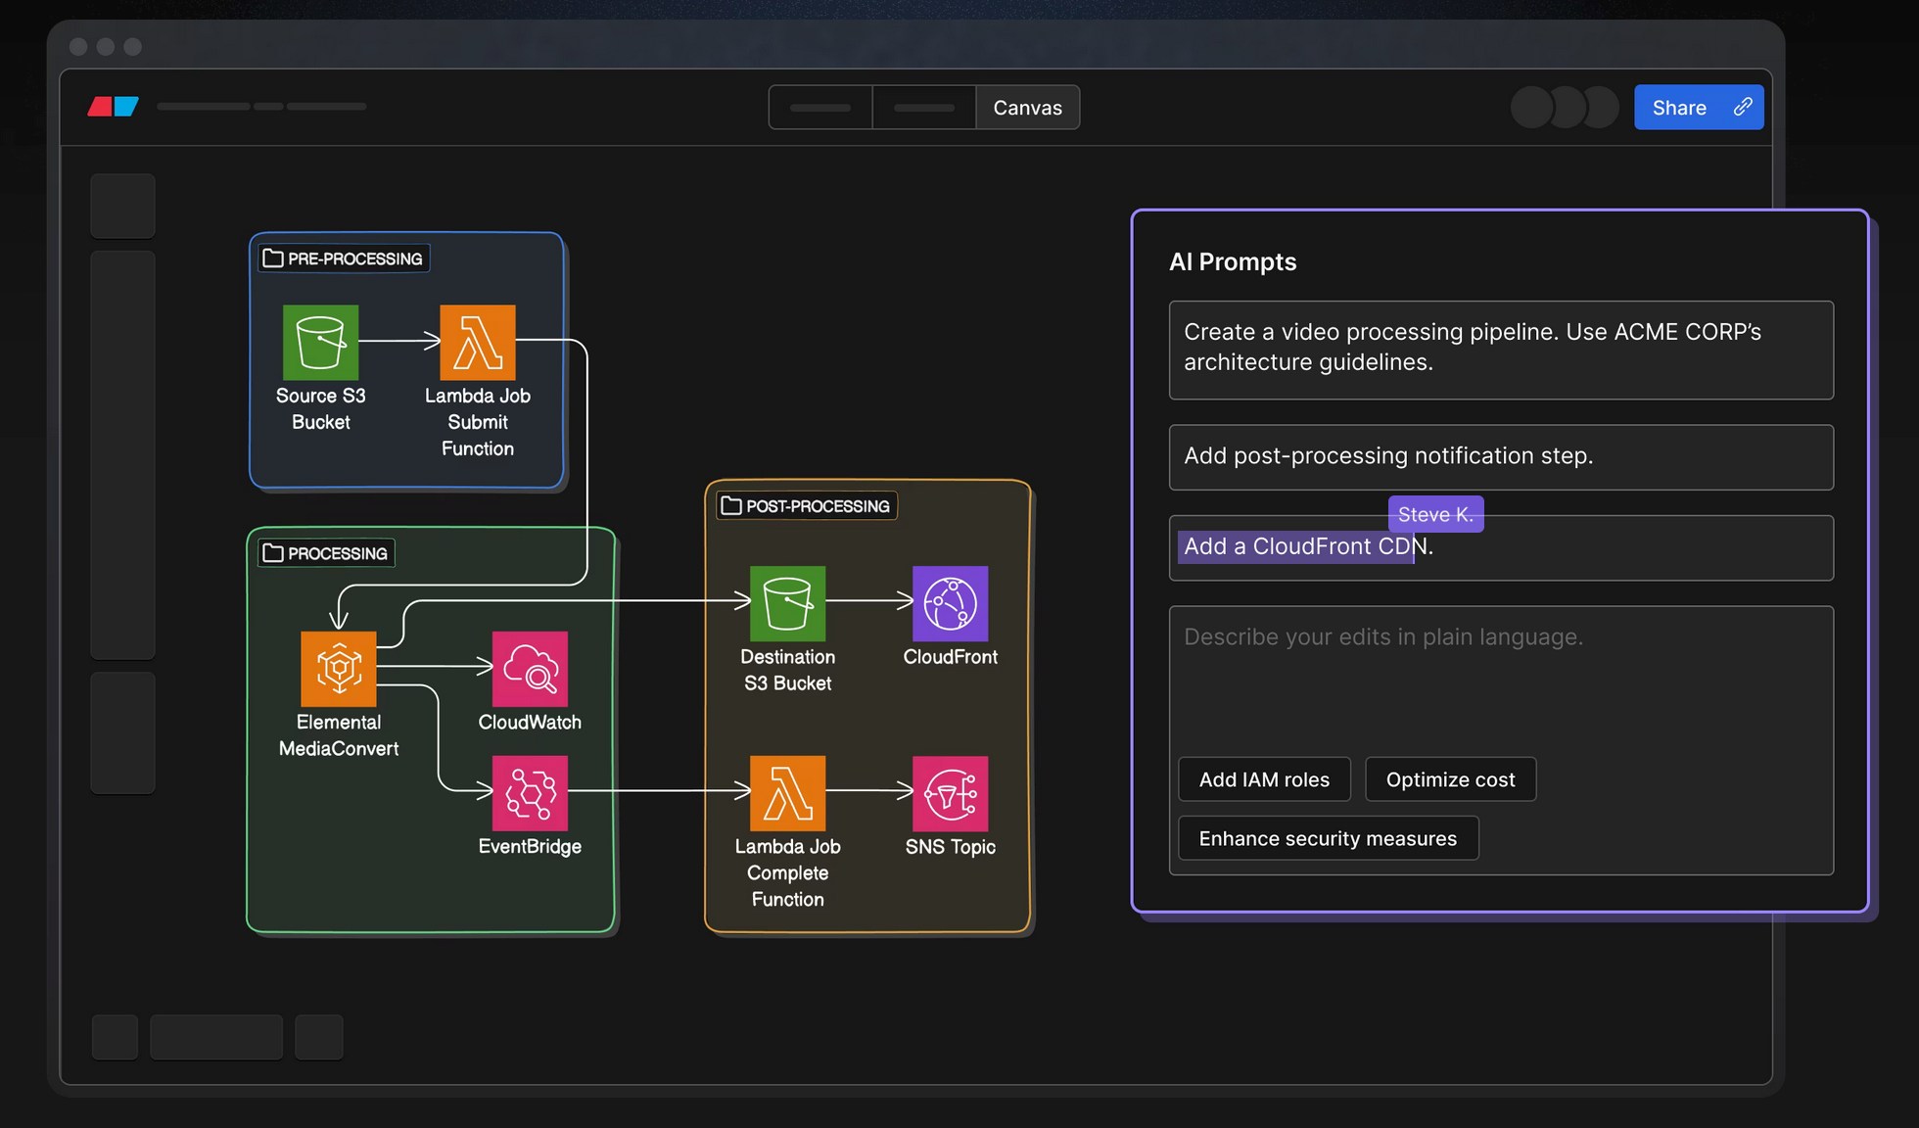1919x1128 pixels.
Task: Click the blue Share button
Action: pyautogui.click(x=1699, y=108)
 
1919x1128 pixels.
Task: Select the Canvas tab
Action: pyautogui.click(x=1027, y=108)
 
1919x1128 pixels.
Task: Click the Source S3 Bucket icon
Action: pyautogui.click(x=321, y=343)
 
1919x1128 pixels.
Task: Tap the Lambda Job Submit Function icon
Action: pyautogui.click(x=478, y=343)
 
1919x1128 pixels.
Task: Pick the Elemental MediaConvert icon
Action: pyautogui.click(x=339, y=669)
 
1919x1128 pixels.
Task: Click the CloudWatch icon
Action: pyautogui.click(x=530, y=669)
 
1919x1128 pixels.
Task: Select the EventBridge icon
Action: pyautogui.click(x=530, y=793)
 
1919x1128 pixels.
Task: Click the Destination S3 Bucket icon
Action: pyautogui.click(x=788, y=603)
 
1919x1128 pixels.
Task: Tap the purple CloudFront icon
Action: pyautogui.click(x=951, y=603)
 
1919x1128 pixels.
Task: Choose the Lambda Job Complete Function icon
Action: pyautogui.click(x=788, y=793)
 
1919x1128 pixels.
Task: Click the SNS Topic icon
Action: pyautogui.click(x=951, y=793)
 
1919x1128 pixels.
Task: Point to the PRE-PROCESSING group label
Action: pyautogui.click(x=345, y=258)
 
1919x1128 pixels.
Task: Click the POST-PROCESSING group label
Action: pyautogui.click(x=807, y=506)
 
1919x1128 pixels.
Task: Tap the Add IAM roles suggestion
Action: pyautogui.click(x=1265, y=779)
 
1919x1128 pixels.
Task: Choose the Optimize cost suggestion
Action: pyautogui.click(x=1451, y=779)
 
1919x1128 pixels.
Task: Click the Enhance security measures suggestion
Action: pyautogui.click(x=1329, y=838)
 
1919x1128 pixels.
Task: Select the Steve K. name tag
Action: pyautogui.click(x=1436, y=514)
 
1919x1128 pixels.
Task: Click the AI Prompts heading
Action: pyautogui.click(x=1233, y=261)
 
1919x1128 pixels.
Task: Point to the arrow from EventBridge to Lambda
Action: pyautogui.click(x=659, y=790)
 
